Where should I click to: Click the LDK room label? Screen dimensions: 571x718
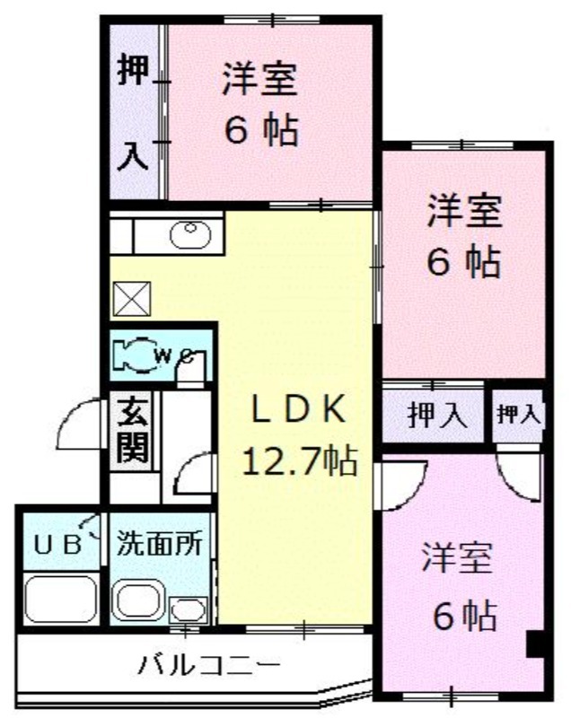pos(298,410)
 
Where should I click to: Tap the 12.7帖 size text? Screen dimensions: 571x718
pos(299,460)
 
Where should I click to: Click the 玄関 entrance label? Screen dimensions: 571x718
pos(133,430)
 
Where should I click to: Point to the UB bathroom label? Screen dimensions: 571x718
pos(58,545)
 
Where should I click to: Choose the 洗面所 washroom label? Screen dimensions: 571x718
pos(160,543)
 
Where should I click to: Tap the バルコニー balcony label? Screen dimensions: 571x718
pos(209,665)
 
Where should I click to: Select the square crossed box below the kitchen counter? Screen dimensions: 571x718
pos(132,299)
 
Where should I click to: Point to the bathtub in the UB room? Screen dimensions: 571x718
pos(61,599)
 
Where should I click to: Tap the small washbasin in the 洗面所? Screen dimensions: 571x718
pos(189,610)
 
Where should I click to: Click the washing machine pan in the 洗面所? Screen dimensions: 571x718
pos(139,601)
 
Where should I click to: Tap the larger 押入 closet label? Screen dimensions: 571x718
pos(437,416)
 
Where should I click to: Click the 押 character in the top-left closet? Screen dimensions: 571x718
pos(133,69)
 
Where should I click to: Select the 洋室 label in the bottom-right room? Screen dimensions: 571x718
pos(457,557)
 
